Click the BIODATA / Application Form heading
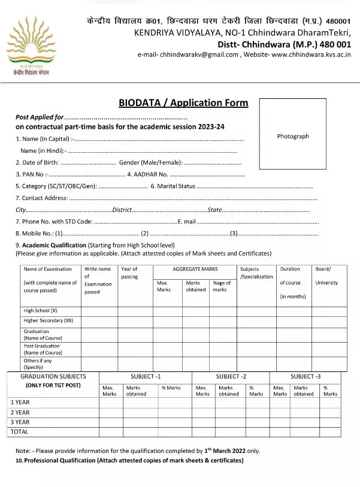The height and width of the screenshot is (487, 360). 183,103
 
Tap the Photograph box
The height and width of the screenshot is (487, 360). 293,136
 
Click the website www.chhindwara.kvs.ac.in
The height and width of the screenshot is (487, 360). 311,55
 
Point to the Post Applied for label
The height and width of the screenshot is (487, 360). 40,117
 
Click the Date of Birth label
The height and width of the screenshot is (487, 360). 38,162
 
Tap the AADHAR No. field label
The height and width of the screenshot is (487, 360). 147,174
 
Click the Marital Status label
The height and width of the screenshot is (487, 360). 173,186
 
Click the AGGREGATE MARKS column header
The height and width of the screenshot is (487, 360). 195,270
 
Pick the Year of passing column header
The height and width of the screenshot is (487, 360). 129,273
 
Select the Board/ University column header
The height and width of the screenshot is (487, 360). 326,276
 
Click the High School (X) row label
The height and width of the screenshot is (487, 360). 41,311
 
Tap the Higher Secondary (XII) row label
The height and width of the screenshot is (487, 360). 48,320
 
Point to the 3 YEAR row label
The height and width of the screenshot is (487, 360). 20,422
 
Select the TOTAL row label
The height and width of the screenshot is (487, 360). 20,431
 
